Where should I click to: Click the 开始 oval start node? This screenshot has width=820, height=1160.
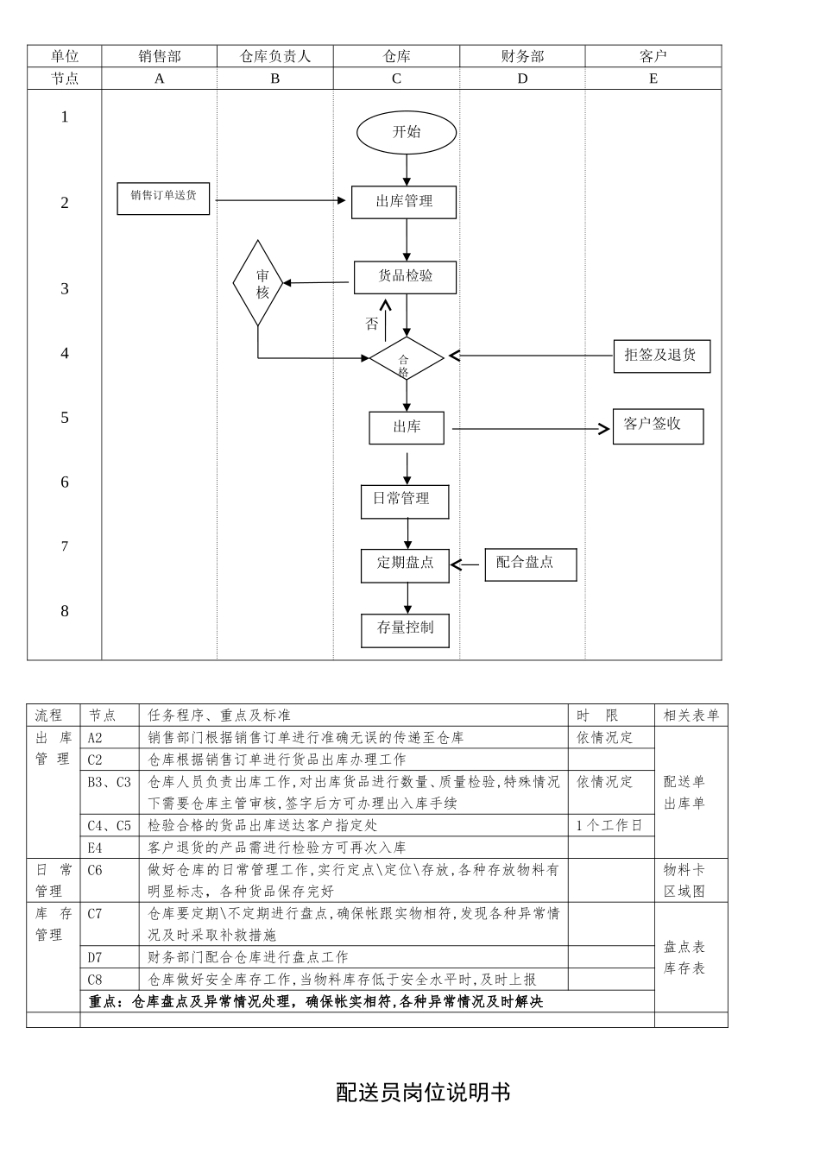point(406,133)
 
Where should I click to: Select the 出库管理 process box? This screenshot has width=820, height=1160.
point(404,202)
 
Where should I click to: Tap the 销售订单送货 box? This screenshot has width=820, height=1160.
point(163,197)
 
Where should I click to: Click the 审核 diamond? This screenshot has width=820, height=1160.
point(258,283)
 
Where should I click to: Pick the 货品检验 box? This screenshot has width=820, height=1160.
point(405,277)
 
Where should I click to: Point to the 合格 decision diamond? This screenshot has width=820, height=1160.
point(406,358)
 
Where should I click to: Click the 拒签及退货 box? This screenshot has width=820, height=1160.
point(661,356)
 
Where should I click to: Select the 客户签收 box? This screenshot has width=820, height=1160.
point(658,426)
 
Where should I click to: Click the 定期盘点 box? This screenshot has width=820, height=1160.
point(405,564)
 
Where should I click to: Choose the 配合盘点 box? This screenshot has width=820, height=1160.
point(530,564)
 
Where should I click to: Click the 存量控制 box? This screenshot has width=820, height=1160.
point(405,629)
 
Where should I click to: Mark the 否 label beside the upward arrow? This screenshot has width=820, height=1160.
point(372,325)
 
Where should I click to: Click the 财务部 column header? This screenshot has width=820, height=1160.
point(522,56)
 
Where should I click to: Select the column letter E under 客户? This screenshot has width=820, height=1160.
point(653,79)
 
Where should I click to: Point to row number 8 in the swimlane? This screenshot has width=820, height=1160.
point(65,611)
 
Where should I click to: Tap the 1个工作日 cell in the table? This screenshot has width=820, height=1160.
point(609,826)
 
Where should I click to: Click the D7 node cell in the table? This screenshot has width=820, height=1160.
point(96,957)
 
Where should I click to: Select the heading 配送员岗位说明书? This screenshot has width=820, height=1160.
point(423,1093)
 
